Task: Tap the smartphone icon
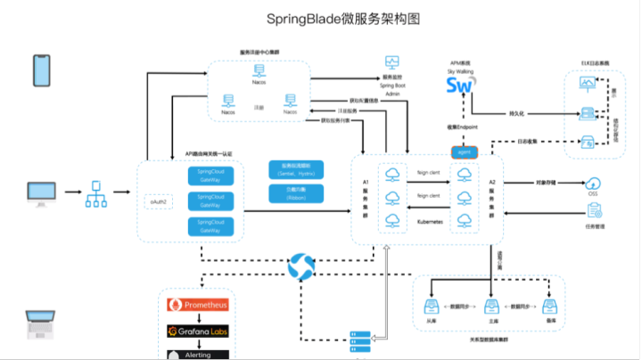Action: click(x=41, y=69)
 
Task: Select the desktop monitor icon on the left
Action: click(x=41, y=192)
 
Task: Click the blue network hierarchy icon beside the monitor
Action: click(x=95, y=193)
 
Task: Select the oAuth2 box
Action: click(x=157, y=204)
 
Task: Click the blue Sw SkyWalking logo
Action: click(x=460, y=86)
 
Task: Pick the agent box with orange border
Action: click(x=464, y=151)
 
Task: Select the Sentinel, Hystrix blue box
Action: click(x=295, y=169)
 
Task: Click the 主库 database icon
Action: click(x=490, y=308)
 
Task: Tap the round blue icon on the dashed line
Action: click(x=303, y=265)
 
